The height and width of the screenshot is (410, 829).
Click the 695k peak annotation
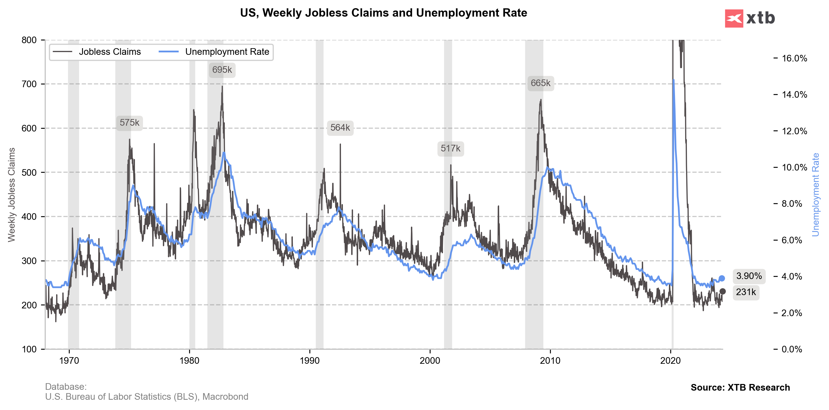[222, 70]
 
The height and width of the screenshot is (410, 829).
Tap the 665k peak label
[540, 83]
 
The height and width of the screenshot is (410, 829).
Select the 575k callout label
[129, 123]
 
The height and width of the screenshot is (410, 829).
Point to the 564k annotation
[340, 128]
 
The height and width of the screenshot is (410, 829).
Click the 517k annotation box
[450, 148]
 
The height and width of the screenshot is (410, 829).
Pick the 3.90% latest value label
[749, 276]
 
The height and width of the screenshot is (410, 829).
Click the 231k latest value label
[746, 292]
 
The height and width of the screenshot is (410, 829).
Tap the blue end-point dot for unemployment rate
[722, 278]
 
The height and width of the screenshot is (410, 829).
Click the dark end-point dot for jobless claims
[723, 291]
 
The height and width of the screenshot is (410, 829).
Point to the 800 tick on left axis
[29, 40]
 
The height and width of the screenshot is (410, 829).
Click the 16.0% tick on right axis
[794, 58]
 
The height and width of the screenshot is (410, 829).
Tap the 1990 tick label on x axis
[310, 360]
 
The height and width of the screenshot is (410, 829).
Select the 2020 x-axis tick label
[671, 360]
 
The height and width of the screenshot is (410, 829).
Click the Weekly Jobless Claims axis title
[12, 195]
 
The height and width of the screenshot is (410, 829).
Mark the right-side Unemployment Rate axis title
[815, 195]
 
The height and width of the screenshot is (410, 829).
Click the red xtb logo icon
[734, 18]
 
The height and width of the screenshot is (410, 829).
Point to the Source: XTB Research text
[740, 388]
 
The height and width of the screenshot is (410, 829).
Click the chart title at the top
[383, 13]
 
